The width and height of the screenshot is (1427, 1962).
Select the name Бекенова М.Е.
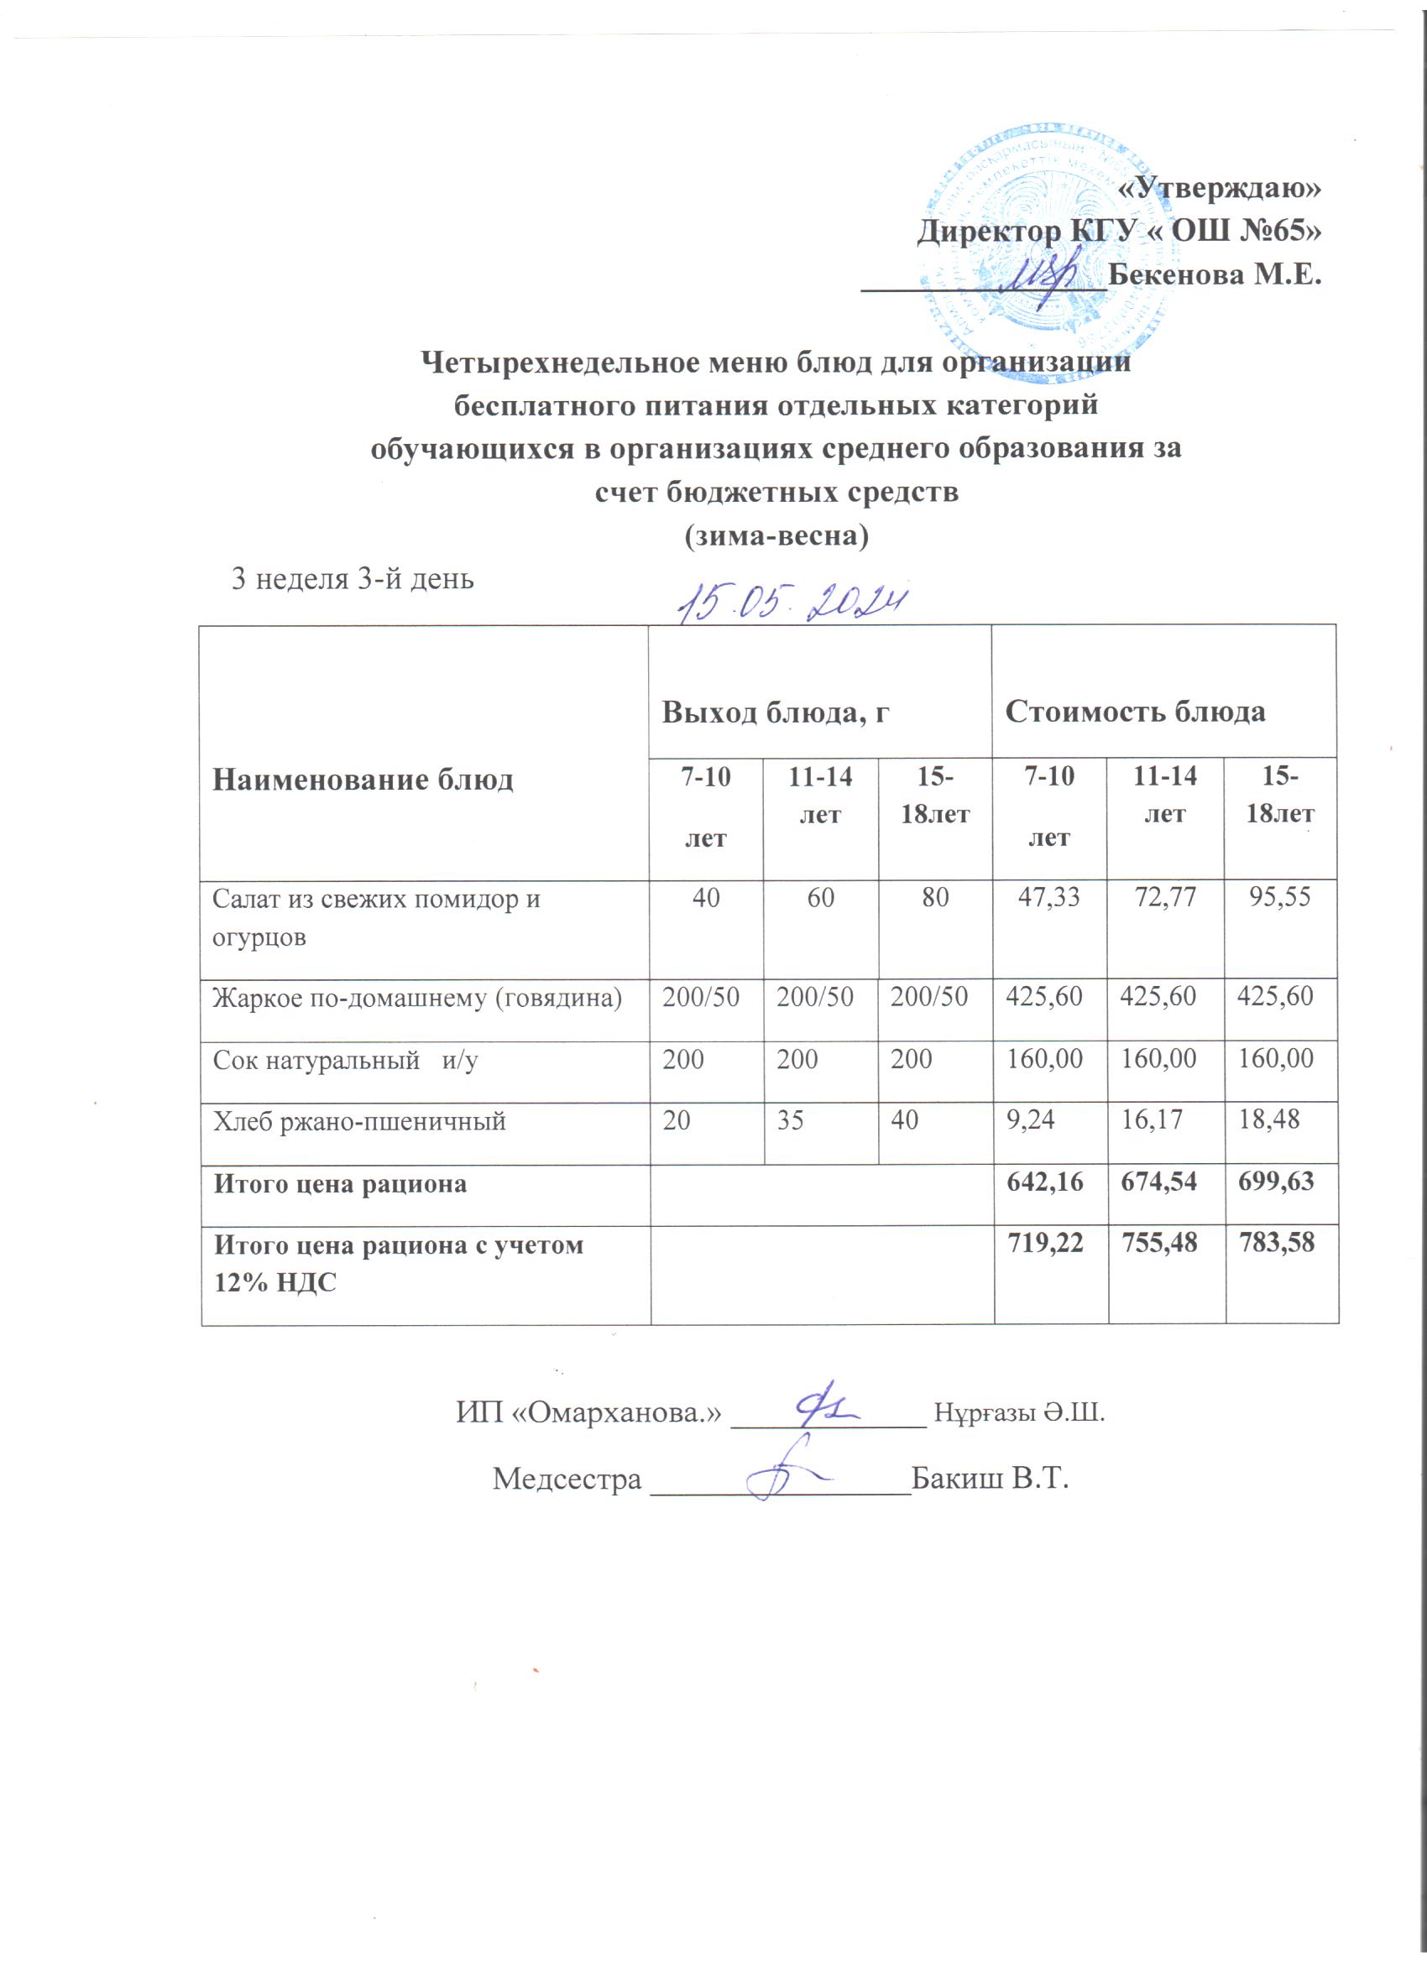coord(1215,276)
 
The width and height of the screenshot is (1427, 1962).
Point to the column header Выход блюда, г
coord(776,711)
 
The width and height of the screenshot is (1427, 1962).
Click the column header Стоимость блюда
coord(1135,711)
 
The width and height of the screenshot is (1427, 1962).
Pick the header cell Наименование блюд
coord(363,780)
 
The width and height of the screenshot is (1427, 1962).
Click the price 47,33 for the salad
coord(1048,897)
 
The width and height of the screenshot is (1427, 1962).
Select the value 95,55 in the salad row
coord(1280,897)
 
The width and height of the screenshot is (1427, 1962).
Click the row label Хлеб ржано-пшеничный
coord(359,1122)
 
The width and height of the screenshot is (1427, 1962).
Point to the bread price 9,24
coord(1026,1122)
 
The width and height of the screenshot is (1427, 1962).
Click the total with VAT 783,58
coord(1277,1244)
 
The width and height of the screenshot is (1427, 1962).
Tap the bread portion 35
coord(790,1122)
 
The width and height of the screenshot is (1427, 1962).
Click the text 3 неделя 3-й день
coord(353,579)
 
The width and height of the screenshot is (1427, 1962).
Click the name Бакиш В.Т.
coord(991,1479)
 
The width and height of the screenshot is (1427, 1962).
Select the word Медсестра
coord(567,1479)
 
